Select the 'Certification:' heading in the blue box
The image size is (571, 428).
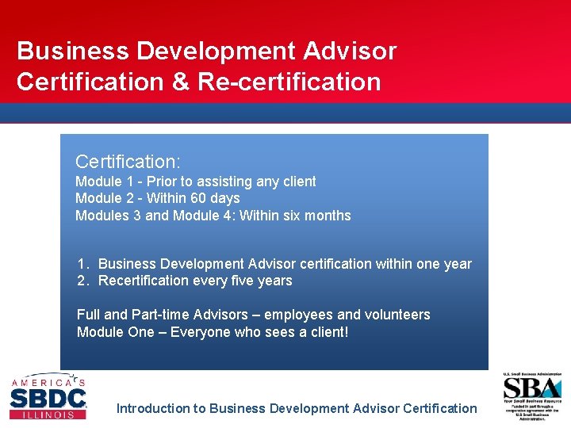(x=128, y=162)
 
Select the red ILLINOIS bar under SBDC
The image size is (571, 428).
(x=48, y=414)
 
